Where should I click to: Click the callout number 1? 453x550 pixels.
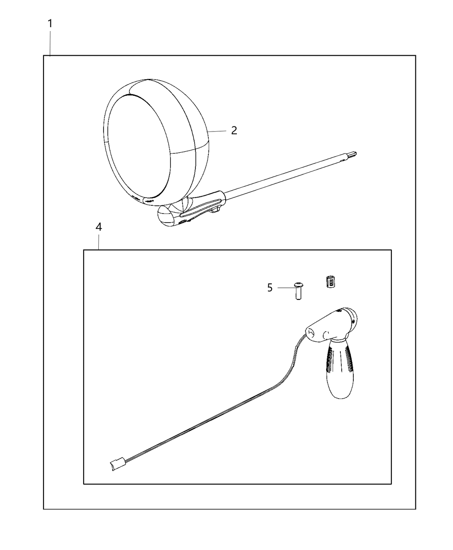pos(50,24)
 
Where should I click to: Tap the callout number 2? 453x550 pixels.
pos(234,130)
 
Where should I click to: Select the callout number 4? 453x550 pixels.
pos(98,227)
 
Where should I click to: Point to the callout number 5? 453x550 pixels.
pos(270,288)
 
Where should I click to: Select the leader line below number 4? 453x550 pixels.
pos(99,242)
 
